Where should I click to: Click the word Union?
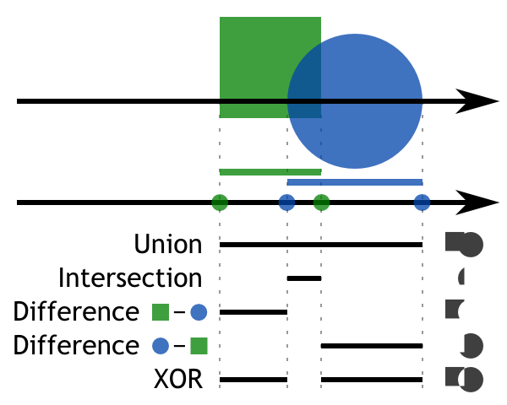click(168, 245)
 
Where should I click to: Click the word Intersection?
click(130, 278)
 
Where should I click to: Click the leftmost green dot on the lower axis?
click(220, 202)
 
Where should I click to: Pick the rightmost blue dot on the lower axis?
click(422, 202)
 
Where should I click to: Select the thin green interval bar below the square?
click(270, 172)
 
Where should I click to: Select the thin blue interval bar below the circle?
click(355, 182)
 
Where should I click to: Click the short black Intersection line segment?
click(304, 278)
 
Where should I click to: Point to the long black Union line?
click(321, 245)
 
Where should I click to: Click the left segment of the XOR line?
click(253, 379)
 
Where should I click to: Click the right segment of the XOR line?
click(372, 379)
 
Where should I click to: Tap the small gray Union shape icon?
click(464, 244)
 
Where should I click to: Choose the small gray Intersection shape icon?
click(461, 277)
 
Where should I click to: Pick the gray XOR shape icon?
click(464, 379)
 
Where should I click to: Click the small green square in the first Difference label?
click(161, 312)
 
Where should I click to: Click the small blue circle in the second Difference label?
click(161, 346)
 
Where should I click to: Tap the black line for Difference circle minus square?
click(372, 345)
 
